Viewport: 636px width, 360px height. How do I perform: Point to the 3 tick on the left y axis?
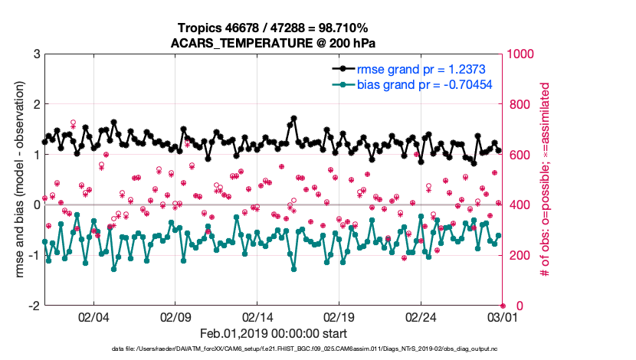(36, 54)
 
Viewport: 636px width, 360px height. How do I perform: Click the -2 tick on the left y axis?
(34, 306)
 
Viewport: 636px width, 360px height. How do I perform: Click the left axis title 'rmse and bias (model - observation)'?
(16, 180)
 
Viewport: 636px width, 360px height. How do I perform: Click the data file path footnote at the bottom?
(316, 349)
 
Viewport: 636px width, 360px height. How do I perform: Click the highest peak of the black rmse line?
(293, 119)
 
